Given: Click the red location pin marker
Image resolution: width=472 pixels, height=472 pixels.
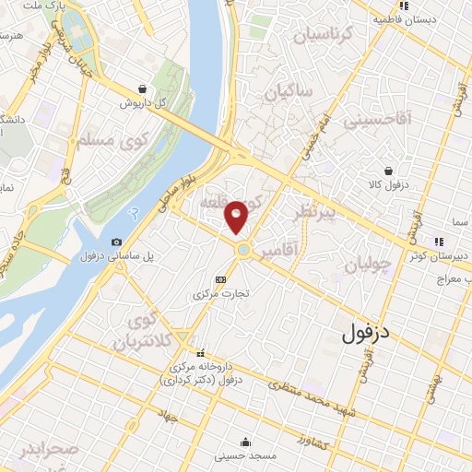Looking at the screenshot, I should tap(237, 217).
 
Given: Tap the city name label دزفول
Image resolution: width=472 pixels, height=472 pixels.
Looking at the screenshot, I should tap(367, 333).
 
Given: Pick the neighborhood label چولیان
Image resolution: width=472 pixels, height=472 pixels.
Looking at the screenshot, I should tap(369, 265).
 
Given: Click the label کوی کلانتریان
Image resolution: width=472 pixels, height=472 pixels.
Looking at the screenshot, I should tap(140, 333).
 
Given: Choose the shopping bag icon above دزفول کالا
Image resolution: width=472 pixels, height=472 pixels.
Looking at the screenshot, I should tap(388, 171).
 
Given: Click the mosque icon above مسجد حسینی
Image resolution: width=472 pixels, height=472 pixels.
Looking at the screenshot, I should tap(243, 442).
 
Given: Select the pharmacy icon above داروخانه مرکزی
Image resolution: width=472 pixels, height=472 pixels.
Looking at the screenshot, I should tap(200, 353).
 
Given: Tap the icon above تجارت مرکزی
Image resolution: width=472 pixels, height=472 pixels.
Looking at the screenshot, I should tap(219, 279).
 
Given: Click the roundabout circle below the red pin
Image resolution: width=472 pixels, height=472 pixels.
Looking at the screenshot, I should tap(242, 250).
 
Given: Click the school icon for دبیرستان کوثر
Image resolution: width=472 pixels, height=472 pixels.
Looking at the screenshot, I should tap(439, 242).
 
